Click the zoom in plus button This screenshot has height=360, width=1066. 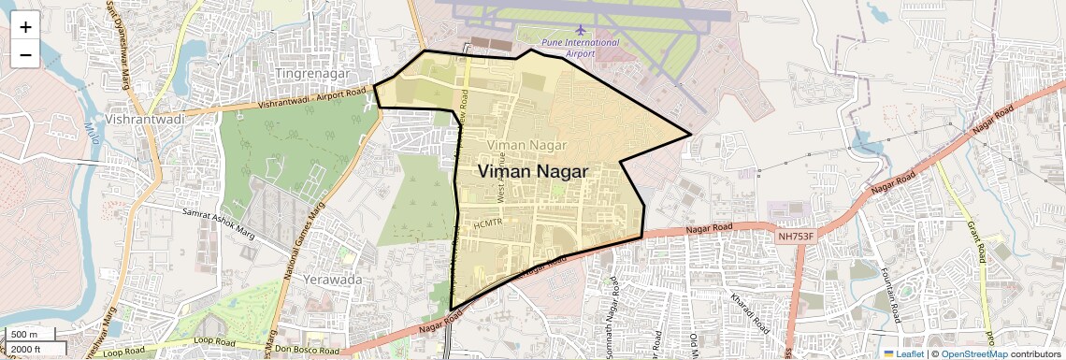(25, 26)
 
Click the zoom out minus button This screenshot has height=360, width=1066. (25, 54)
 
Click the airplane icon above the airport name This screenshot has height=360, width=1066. (581, 31)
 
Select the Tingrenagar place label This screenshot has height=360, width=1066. (311, 73)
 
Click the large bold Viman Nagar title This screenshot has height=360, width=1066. (533, 172)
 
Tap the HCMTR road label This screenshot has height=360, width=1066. (488, 223)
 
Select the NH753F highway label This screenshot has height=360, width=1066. (796, 238)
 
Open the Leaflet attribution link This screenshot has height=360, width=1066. (903, 353)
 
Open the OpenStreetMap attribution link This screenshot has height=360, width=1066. (974, 353)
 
